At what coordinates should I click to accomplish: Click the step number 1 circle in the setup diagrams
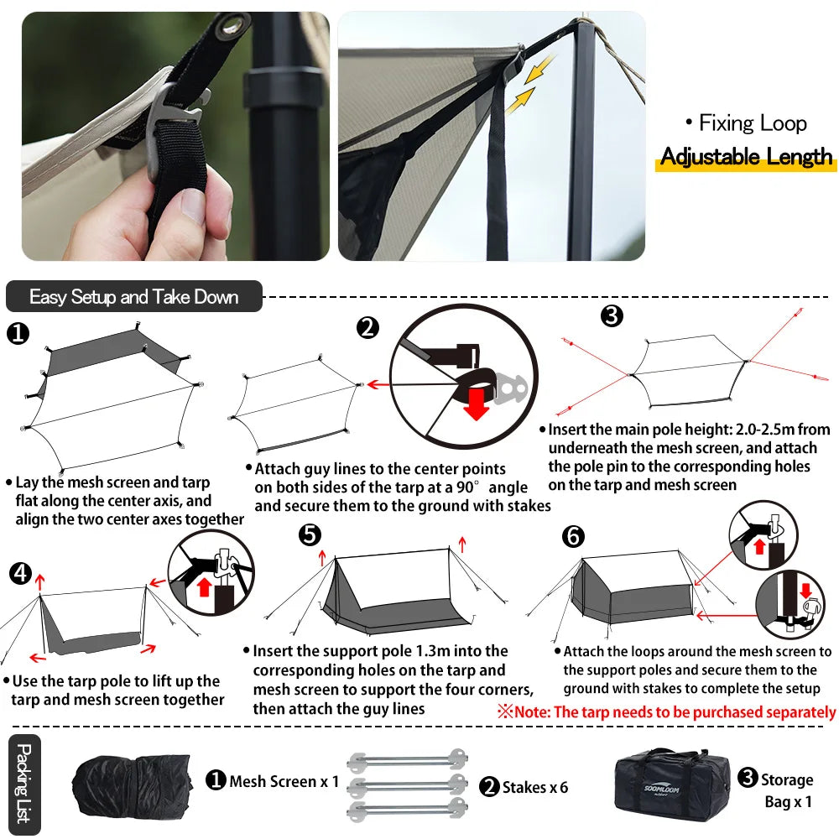pos(17,334)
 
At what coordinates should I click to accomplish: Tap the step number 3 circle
pos(612,315)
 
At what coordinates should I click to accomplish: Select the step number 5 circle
pos(310,534)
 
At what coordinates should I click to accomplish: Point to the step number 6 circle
pos(573,535)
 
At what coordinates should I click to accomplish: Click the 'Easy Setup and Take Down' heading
pos(133,296)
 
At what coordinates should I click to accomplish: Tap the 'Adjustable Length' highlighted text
pos(746,157)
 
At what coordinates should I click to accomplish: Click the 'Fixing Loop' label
pos(747,123)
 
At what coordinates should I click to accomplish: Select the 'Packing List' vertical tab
pos(24,783)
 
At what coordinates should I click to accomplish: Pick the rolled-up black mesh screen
pos(133,785)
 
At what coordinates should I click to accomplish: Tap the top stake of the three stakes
pos(407,760)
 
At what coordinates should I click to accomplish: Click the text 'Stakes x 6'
pos(534,787)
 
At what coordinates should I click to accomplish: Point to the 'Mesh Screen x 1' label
pos(284,781)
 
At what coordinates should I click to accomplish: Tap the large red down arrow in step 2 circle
pos(475,404)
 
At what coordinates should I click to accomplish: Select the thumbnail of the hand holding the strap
pos(175,137)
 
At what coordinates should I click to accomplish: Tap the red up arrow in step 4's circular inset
pos(203,586)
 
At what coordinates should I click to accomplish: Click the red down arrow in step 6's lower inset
pos(805,591)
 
